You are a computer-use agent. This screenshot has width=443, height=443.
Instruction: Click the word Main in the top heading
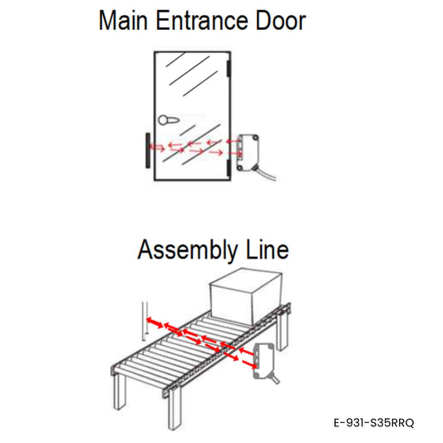click(123, 20)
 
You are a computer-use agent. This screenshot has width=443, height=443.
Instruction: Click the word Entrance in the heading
click(202, 20)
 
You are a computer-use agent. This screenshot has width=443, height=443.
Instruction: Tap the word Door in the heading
click(281, 20)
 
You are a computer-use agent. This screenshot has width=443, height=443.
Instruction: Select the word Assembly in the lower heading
click(188, 250)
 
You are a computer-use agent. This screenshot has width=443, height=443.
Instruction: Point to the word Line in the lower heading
click(268, 249)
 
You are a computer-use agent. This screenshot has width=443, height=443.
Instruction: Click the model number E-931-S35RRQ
click(374, 423)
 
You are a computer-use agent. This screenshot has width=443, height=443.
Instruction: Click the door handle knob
click(168, 120)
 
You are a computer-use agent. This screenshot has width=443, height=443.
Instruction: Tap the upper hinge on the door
click(229, 69)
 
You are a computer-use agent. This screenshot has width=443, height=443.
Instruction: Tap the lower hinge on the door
click(229, 167)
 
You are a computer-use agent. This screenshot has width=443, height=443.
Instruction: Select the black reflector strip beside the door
click(147, 150)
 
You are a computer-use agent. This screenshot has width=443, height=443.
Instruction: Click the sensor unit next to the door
click(248, 153)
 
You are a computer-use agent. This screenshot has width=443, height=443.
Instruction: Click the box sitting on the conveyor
click(245, 297)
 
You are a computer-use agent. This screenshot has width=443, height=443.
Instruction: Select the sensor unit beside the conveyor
click(263, 361)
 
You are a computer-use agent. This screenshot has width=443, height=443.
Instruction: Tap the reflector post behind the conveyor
click(145, 321)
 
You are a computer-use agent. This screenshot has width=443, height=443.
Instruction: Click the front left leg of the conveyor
click(120, 391)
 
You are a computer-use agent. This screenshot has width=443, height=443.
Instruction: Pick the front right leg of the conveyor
click(175, 409)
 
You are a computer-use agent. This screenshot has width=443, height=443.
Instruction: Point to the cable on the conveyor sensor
click(274, 378)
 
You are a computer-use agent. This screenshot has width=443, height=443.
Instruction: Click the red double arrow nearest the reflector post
click(155, 322)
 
